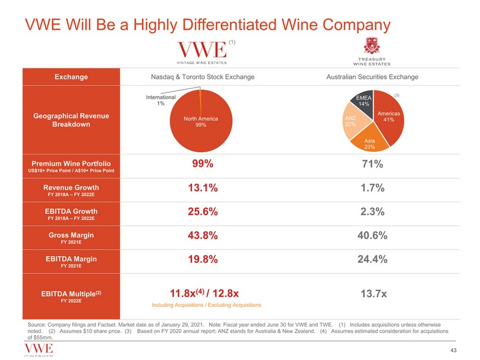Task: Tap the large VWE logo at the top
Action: coord(202,50)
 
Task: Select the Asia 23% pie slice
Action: coord(370,143)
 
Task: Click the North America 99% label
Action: coord(200,122)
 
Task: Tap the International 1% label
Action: coord(161,100)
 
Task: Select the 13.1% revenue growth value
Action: coord(200,188)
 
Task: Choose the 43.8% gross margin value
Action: coord(200,236)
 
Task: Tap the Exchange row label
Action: coord(71,77)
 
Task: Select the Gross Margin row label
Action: coord(71,235)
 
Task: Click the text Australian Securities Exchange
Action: coord(372,77)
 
